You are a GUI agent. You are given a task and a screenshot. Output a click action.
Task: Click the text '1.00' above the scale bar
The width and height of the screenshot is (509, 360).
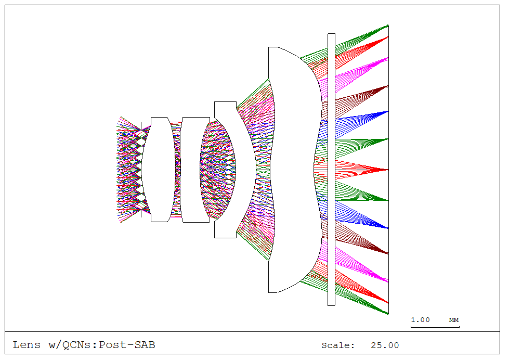(x=421, y=319)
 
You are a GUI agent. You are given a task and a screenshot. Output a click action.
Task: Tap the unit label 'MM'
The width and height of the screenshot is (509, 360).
(x=454, y=319)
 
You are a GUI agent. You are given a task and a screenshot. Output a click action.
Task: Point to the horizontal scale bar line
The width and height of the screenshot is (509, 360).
(x=435, y=327)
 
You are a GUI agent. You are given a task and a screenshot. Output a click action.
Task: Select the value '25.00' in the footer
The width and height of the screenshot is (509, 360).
(x=385, y=345)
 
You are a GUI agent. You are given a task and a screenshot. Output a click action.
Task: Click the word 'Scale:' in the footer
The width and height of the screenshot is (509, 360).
(x=338, y=345)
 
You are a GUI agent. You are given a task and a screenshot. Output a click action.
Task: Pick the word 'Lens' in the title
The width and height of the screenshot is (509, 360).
(x=27, y=345)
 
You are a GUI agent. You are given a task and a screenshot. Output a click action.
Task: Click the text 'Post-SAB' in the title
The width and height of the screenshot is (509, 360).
(x=127, y=345)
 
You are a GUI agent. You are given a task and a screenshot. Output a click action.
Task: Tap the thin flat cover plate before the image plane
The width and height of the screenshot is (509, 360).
(x=331, y=170)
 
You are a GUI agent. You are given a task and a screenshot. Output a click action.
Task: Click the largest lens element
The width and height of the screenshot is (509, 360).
(x=291, y=170)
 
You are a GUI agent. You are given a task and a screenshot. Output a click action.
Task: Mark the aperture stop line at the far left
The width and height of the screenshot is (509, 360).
(x=141, y=170)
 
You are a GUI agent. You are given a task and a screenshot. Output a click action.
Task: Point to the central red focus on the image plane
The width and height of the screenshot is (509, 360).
(x=387, y=170)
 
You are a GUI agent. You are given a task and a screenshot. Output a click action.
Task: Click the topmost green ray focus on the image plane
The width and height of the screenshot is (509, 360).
(x=387, y=25)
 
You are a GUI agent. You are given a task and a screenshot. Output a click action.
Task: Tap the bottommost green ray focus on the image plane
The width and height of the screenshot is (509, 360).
(x=387, y=314)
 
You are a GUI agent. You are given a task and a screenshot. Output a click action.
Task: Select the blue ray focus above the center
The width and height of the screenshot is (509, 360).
(x=387, y=111)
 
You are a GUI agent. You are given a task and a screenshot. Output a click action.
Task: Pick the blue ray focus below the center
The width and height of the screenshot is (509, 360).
(x=387, y=228)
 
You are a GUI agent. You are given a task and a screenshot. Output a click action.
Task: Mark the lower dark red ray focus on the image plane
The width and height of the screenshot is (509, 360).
(x=387, y=253)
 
